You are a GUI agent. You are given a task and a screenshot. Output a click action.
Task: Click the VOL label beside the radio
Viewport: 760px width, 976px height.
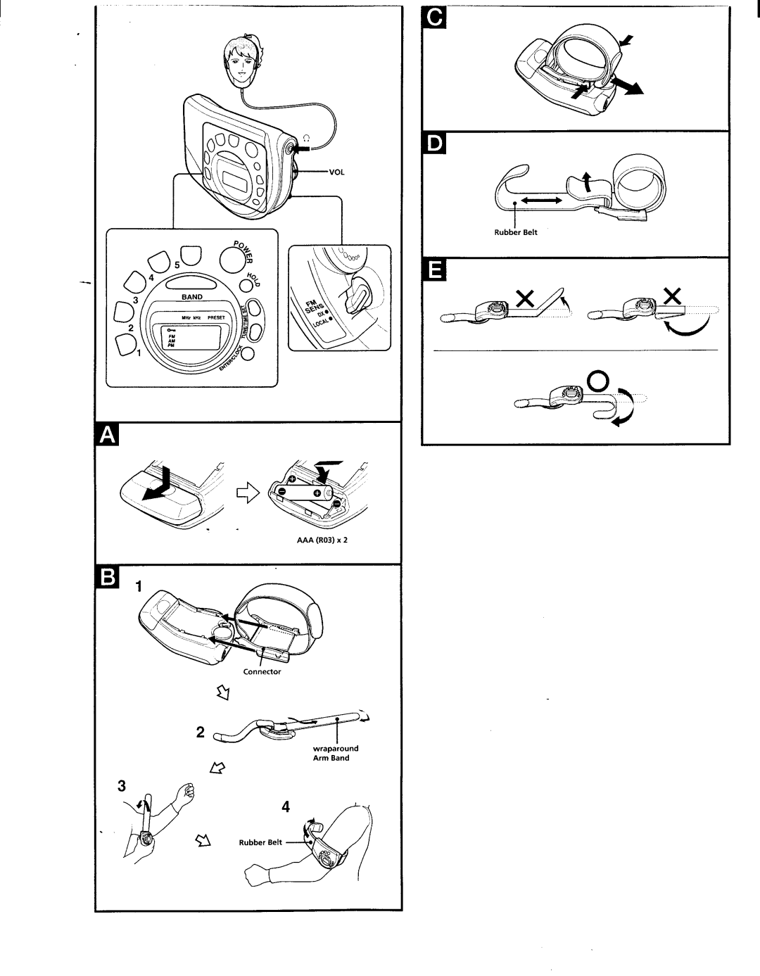coord(335,171)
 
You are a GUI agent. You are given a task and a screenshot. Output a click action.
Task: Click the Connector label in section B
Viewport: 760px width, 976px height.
coord(262,671)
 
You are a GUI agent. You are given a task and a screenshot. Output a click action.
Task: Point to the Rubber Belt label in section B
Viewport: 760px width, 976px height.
coord(260,842)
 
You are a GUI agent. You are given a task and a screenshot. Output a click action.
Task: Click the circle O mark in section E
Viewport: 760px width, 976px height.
coord(597,382)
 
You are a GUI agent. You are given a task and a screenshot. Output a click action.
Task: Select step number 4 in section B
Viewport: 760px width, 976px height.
coord(286,807)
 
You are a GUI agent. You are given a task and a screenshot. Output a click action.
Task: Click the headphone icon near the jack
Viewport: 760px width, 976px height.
coord(305,138)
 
